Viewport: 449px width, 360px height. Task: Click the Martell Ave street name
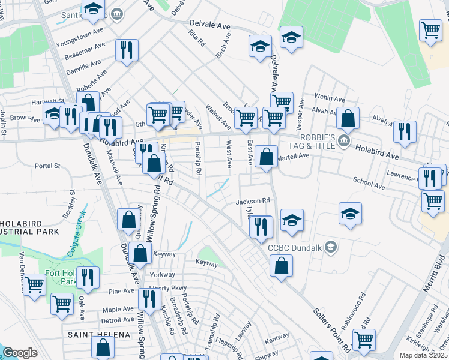(x=293, y=156)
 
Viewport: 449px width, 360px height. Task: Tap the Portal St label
(x=48, y=166)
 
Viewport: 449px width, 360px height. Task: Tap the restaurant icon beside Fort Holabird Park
(x=88, y=278)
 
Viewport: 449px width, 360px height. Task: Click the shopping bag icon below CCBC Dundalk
(x=281, y=265)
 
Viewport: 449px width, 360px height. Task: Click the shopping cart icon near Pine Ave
(x=62, y=305)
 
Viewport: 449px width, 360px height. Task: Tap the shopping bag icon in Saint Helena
(x=103, y=347)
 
